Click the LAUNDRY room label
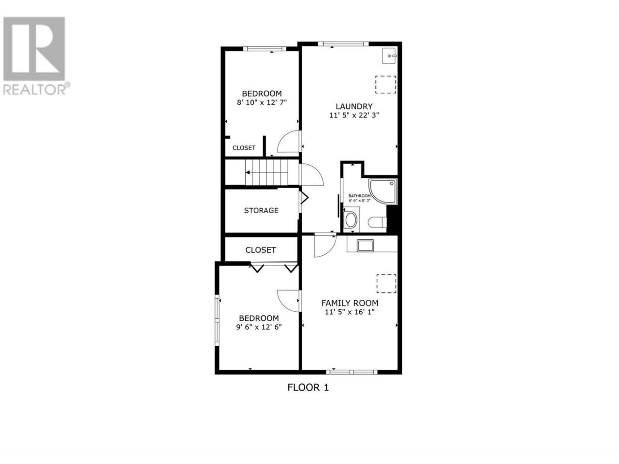click(x=354, y=106)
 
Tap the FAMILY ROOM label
click(x=350, y=303)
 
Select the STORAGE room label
click(x=261, y=210)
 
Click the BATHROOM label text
click(x=360, y=196)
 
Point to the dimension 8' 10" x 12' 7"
click(x=262, y=102)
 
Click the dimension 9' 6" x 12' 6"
click(x=259, y=327)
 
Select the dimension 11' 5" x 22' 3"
click(x=354, y=115)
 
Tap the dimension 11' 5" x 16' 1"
click(x=350, y=312)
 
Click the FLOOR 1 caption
click(x=308, y=387)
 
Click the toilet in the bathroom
click(x=378, y=222)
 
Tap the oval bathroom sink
click(x=351, y=220)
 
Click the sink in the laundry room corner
click(x=389, y=56)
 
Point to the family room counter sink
click(x=365, y=246)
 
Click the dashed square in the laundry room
click(x=386, y=85)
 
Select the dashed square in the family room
click(x=386, y=283)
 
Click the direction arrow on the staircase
click(x=248, y=173)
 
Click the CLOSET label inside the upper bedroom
click(x=244, y=147)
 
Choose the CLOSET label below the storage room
click(x=261, y=250)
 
